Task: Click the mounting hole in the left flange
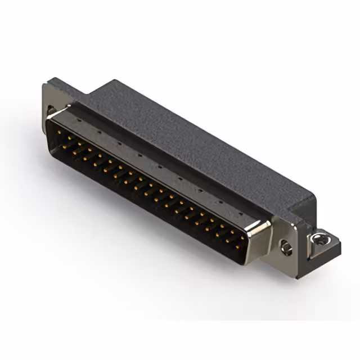click(x=51, y=110)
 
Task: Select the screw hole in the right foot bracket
click(x=321, y=238)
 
